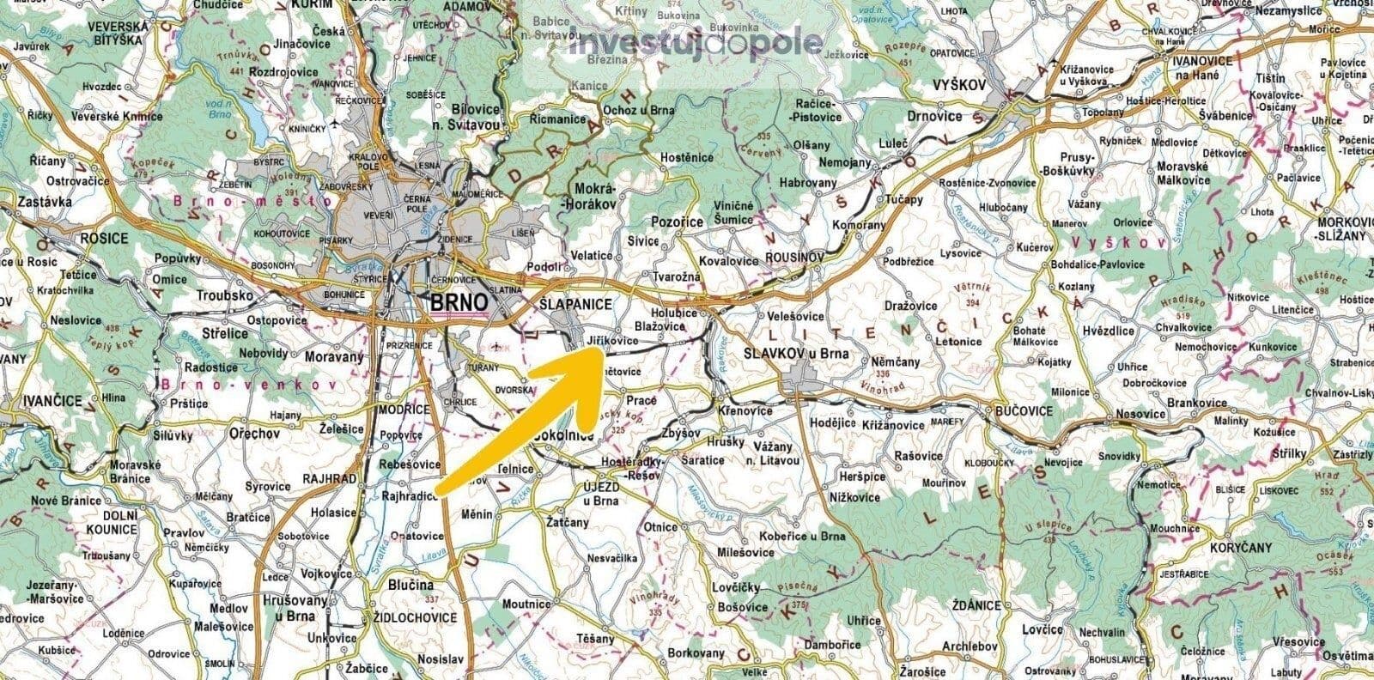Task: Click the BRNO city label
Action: tap(459, 303)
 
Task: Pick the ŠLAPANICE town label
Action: tap(576, 305)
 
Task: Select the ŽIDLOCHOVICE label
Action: tap(408, 617)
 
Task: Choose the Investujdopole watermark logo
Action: tap(695, 41)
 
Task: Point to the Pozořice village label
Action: tap(679, 222)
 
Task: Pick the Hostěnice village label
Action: tap(687, 159)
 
